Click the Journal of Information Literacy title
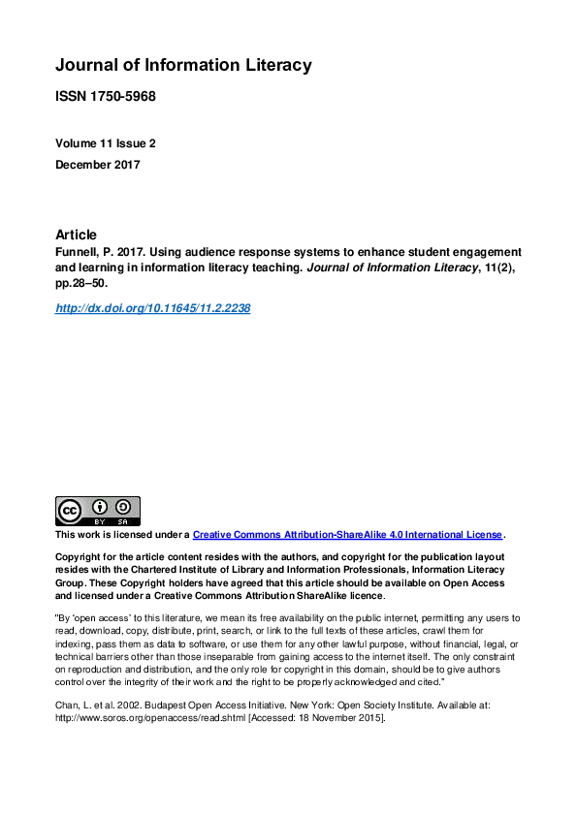pyautogui.click(x=183, y=66)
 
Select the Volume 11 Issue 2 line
pyautogui.click(x=106, y=143)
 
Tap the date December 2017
pyautogui.click(x=98, y=165)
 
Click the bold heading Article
pyautogui.click(x=77, y=235)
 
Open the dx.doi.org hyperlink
pyautogui.click(x=152, y=308)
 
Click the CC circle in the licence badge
pyautogui.click(x=70, y=511)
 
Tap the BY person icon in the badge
pyautogui.click(x=98, y=507)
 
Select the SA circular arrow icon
pyautogui.click(x=123, y=507)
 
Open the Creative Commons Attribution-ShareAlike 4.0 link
pyautogui.click(x=348, y=535)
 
